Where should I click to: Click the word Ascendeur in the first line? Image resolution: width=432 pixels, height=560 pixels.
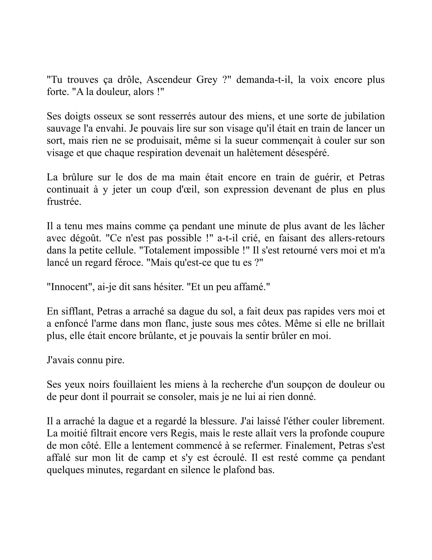pos(168,80)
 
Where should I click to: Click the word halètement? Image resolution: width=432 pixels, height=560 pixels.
pos(265,153)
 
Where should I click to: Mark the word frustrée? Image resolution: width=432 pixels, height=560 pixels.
pos(64,202)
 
